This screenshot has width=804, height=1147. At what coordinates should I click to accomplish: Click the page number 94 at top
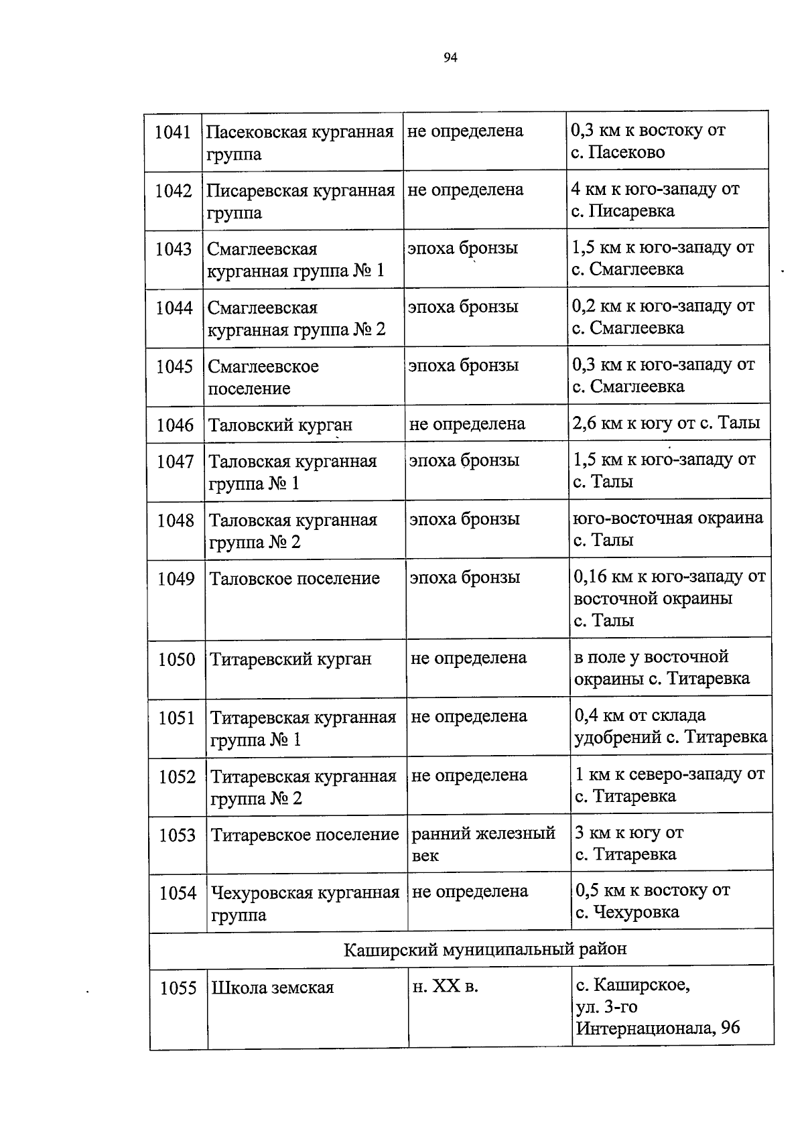coord(450,58)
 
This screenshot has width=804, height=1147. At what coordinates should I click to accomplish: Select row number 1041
coord(173,132)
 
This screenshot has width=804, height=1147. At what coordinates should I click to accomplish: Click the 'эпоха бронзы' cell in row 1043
coord(463,248)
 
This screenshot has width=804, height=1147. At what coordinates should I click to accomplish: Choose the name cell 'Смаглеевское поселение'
coord(263,377)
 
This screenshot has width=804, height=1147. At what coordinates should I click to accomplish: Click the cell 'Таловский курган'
coord(280,425)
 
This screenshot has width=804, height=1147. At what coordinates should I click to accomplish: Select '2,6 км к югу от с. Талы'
coord(666,423)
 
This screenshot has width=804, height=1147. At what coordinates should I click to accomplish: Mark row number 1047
coord(176,462)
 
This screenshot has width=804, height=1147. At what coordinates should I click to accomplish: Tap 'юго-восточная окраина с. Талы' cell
coord(668,529)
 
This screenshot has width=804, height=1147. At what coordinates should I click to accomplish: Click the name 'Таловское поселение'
coord(295,578)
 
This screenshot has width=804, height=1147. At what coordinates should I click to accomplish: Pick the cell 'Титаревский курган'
coord(291,659)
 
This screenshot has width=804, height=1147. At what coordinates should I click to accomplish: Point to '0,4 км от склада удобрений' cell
coord(670,726)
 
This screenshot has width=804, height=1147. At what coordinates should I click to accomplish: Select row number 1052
coord(178,777)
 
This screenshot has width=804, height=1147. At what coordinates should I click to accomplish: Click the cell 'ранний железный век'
coord(483,844)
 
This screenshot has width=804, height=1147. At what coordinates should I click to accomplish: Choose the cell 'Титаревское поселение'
coord(305,835)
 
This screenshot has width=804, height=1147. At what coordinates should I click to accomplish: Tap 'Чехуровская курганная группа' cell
coord(305,903)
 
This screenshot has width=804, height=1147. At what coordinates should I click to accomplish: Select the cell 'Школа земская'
coord(273,988)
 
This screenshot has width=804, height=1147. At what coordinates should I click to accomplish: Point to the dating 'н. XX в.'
coord(446,986)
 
